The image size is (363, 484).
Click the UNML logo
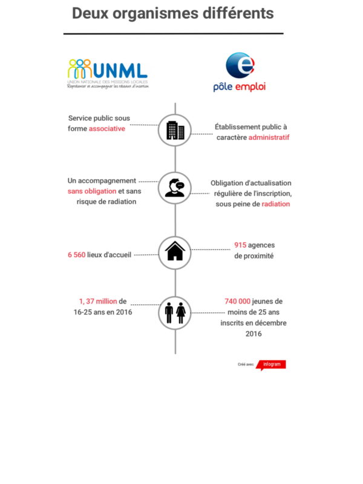coord(108,73)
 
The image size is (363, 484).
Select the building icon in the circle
coord(175,129)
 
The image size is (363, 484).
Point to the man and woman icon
coord(175,313)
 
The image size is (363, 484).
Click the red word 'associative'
coord(107,129)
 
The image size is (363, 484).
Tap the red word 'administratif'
coord(269,137)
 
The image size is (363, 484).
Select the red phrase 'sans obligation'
coord(91,191)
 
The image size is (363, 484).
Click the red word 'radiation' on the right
coord(276,204)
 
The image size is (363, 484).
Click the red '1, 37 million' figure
coord(98,301)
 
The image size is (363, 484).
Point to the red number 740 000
coord(237,301)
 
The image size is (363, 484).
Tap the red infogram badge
coord(272,365)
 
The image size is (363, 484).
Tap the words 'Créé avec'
coord(246,365)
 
